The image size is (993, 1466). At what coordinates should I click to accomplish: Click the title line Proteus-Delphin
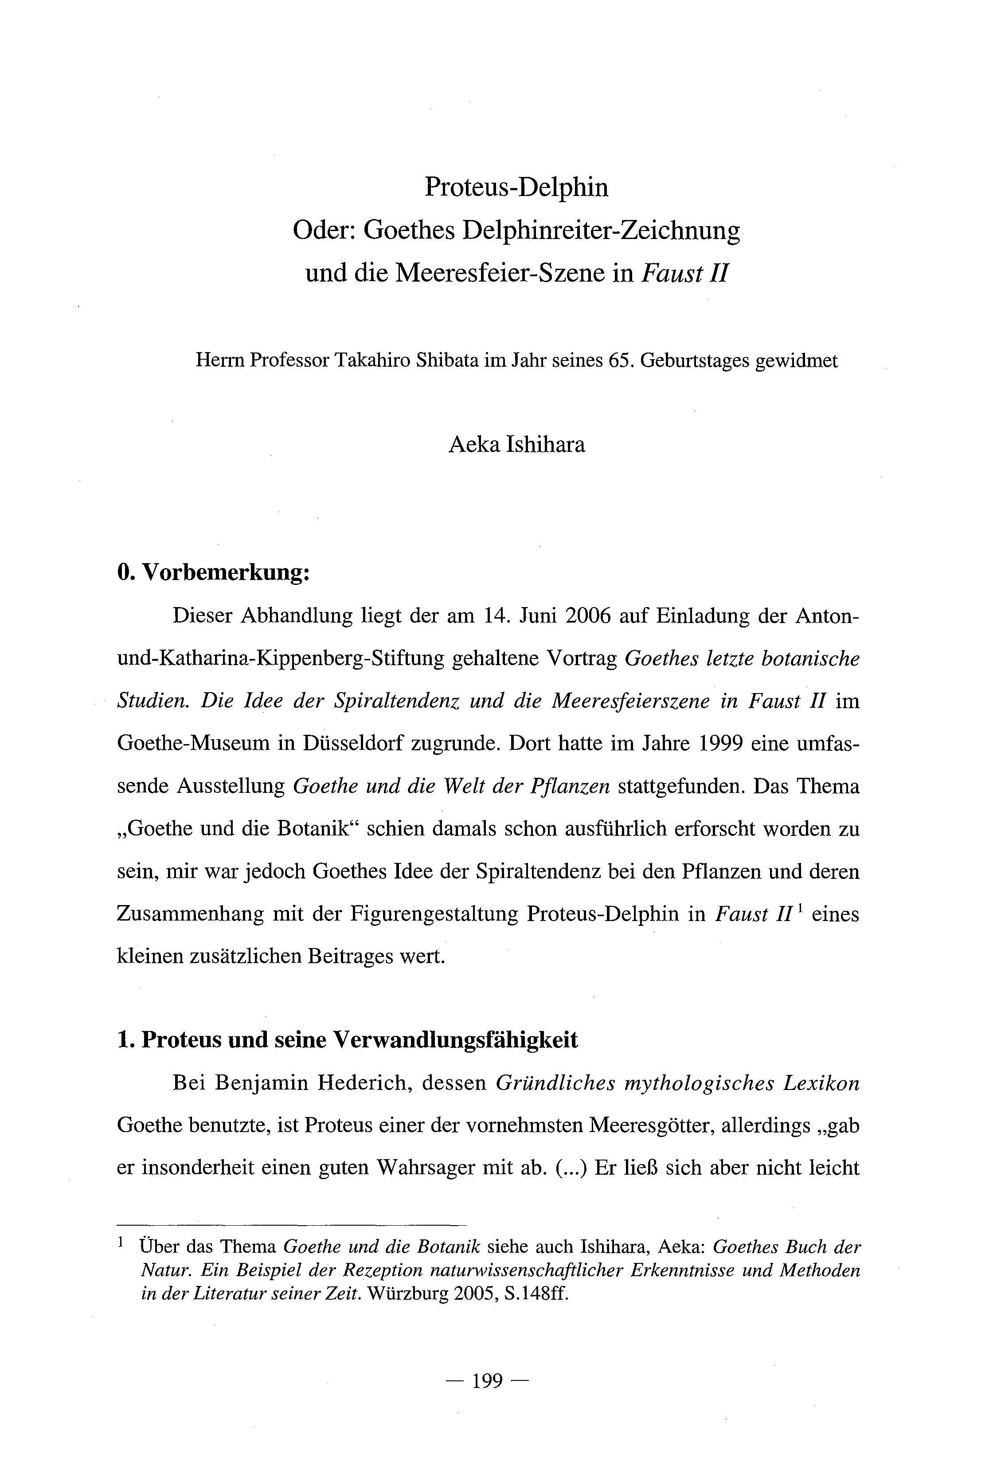point(516,187)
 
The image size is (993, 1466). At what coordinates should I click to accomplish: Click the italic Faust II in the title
point(684,273)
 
